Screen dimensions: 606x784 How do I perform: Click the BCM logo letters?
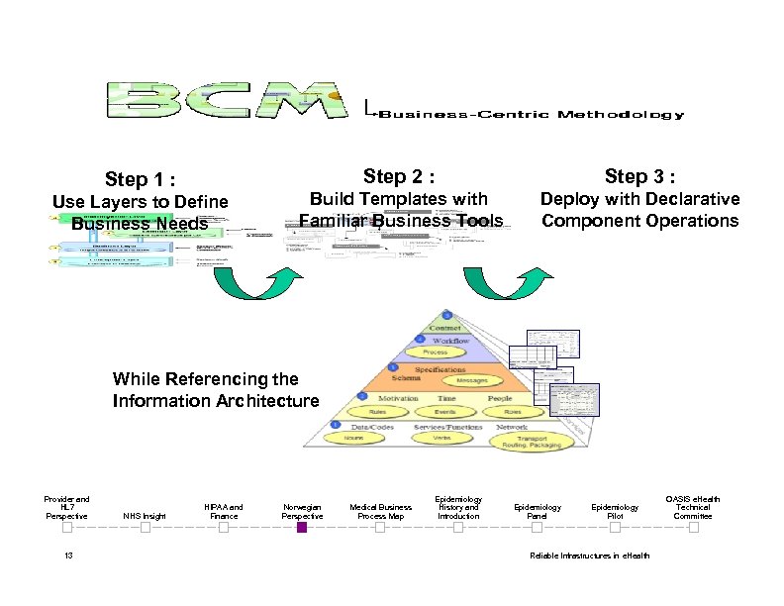click(x=227, y=100)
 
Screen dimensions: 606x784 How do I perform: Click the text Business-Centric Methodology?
click(x=529, y=115)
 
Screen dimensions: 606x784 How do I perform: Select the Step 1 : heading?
click(x=140, y=179)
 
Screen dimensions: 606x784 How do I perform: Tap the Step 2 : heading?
click(x=399, y=176)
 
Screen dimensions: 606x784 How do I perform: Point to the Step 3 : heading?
click(x=639, y=176)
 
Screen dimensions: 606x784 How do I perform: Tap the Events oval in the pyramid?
click(x=444, y=412)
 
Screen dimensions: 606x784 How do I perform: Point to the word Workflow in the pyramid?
click(x=449, y=339)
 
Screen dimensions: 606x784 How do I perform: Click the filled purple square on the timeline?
click(x=302, y=528)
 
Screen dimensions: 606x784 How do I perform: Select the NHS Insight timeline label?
click(x=145, y=516)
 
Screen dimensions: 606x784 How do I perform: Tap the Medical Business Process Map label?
click(x=380, y=511)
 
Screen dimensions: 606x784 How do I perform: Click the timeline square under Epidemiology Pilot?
click(x=615, y=528)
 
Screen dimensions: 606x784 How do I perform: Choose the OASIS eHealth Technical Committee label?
click(x=693, y=507)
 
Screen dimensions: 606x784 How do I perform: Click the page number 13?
click(x=68, y=555)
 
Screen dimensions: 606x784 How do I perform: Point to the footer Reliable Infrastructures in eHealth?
click(x=590, y=555)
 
